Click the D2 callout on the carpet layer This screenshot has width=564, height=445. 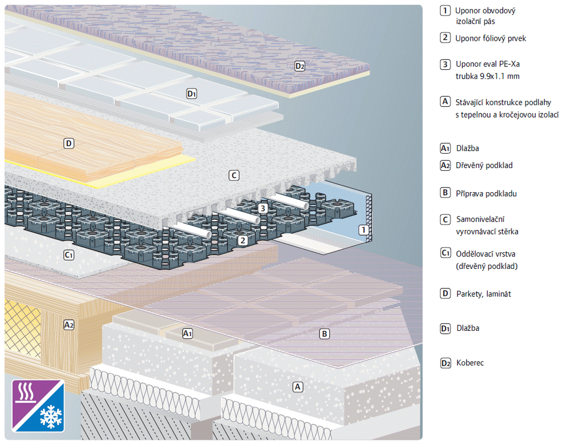pyautogui.click(x=300, y=66)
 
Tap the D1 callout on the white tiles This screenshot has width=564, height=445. pyautogui.click(x=192, y=93)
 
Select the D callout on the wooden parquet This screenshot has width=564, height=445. pyautogui.click(x=69, y=143)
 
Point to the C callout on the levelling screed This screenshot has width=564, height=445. pyautogui.click(x=234, y=175)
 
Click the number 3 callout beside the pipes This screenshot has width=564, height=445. pyautogui.click(x=262, y=208)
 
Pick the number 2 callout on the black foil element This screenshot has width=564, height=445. pyautogui.click(x=243, y=240)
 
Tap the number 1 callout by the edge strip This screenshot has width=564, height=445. pyautogui.click(x=362, y=230)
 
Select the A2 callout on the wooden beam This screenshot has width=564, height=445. pyautogui.click(x=69, y=325)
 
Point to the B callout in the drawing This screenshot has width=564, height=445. pyautogui.click(x=325, y=333)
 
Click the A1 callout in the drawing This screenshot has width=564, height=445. pyautogui.click(x=187, y=333)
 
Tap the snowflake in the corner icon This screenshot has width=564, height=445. pyautogui.click(x=50, y=417)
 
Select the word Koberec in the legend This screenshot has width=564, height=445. pyautogui.click(x=470, y=363)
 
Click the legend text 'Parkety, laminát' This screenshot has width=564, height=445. pyautogui.click(x=483, y=294)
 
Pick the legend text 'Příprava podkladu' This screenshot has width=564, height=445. pyautogui.click(x=486, y=193)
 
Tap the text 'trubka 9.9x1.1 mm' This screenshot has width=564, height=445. pyautogui.click(x=487, y=76)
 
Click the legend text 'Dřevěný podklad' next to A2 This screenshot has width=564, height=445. pyautogui.click(x=484, y=165)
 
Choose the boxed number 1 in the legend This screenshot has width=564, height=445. pyautogui.click(x=445, y=10)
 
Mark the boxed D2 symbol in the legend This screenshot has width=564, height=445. pyautogui.click(x=445, y=363)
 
